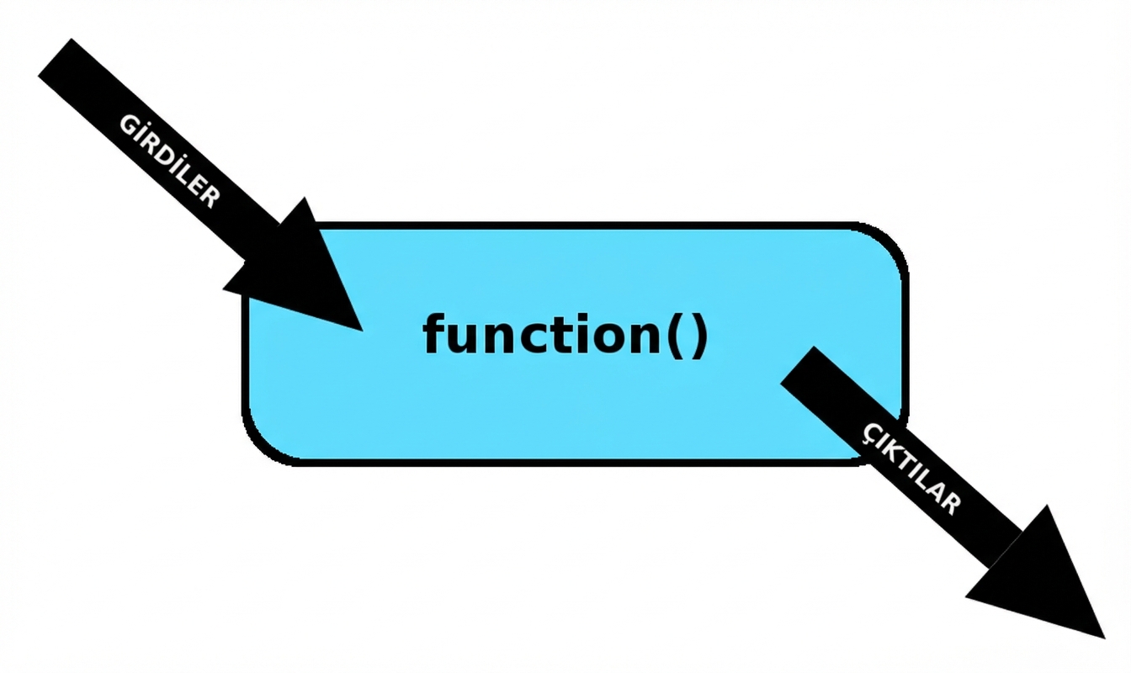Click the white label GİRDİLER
tap(169, 161)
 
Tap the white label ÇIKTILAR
tap(911, 467)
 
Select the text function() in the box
tap(565, 334)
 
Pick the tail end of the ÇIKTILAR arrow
tap(799, 366)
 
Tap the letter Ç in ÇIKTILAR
tap(873, 432)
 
